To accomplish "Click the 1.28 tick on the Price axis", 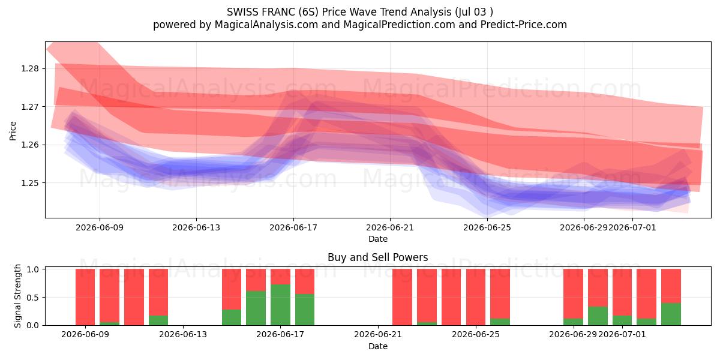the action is coord(29,69).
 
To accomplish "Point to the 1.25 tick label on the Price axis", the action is coord(29,183).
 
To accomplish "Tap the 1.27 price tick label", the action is coord(29,107).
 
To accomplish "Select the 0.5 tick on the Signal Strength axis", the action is coord(32,298).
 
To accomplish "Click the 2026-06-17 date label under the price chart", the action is coord(293,227).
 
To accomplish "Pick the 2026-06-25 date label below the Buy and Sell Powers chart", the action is coord(476,335).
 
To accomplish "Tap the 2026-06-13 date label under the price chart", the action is coord(196,227).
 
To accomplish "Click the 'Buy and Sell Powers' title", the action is coord(377,257).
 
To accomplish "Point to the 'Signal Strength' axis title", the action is coord(17,296).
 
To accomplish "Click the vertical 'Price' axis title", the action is coord(13,131).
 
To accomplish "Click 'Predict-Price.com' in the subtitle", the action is coord(524,25).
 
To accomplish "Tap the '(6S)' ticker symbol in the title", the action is coord(308,12).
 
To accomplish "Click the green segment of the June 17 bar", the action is coord(280,305).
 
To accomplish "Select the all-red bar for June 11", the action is coord(134,297).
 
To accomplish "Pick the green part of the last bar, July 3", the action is coord(671,314).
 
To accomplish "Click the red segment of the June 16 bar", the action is coord(256,280).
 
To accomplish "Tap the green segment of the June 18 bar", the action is coord(305,310).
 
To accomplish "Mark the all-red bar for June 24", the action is coord(476,297).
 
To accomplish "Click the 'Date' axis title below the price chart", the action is coord(377,239).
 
